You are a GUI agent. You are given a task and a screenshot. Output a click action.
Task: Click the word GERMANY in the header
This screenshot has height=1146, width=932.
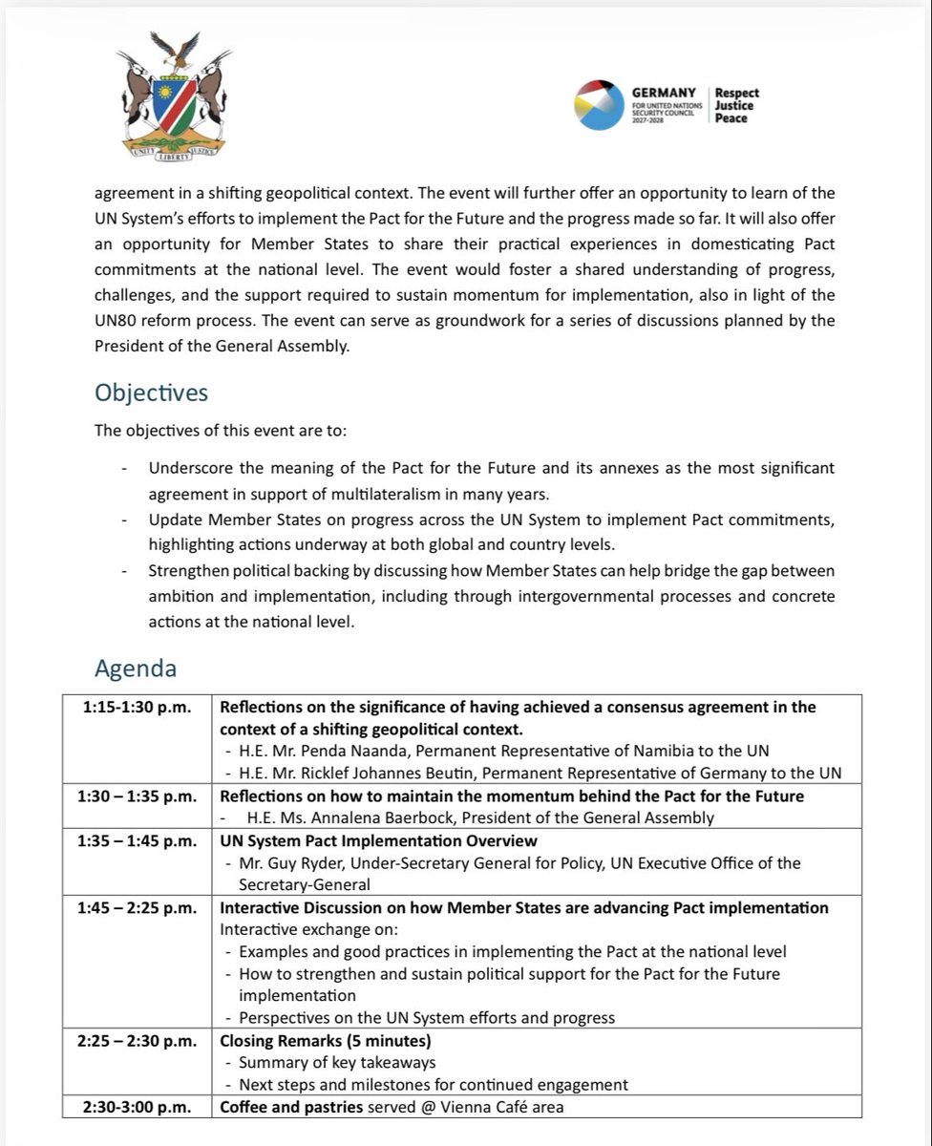[664, 92]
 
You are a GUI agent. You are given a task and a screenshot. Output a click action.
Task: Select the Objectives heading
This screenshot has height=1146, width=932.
[151, 393]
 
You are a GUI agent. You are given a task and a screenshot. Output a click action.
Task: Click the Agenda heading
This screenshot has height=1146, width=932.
[136, 668]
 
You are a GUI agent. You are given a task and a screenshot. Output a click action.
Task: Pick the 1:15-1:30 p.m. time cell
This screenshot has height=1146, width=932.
[135, 708]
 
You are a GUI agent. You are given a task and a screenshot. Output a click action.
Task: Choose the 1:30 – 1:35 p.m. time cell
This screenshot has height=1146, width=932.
[135, 796]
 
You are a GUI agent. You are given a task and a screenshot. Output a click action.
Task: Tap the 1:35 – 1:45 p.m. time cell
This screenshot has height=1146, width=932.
[135, 841]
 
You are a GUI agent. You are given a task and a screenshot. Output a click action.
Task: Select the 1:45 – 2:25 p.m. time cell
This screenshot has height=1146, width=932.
[135, 908]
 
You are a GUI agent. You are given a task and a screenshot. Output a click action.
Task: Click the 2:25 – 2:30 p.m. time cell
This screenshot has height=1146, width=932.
[135, 1041]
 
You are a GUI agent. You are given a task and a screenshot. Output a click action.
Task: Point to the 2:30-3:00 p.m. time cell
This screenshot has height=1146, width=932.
[135, 1108]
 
